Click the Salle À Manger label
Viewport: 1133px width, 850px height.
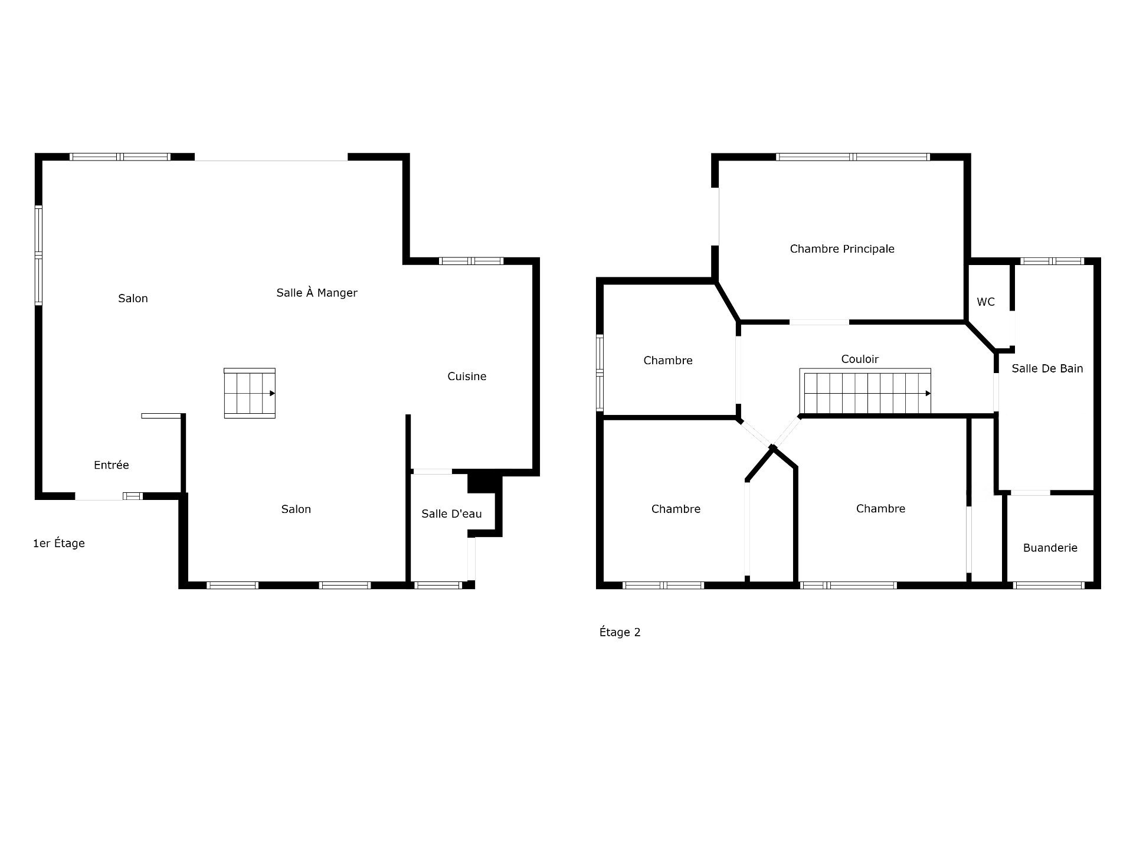tap(317, 293)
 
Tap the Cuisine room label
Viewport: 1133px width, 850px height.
tap(467, 377)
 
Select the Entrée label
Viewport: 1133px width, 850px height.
tap(111, 465)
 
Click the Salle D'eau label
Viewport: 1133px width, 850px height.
tap(451, 514)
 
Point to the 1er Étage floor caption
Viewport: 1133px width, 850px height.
tap(59, 544)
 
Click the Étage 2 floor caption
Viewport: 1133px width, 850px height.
tap(620, 633)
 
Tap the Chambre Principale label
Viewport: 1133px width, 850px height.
tap(842, 249)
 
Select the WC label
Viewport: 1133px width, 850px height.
tap(985, 302)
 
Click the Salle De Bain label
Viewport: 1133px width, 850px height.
tap(1047, 369)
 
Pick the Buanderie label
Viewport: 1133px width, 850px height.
tap(1050, 548)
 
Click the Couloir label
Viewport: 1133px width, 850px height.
tap(860, 359)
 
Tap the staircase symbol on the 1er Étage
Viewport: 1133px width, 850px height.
tap(250, 393)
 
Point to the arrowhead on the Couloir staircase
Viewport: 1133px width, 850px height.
tap(928, 394)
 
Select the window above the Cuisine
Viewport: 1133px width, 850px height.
tap(471, 261)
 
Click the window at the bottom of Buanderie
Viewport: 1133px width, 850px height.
tap(1049, 586)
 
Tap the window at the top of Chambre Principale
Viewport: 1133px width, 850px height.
tap(853, 157)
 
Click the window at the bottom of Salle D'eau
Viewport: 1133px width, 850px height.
tap(438, 586)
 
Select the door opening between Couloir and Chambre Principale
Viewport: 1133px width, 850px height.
tap(819, 322)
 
